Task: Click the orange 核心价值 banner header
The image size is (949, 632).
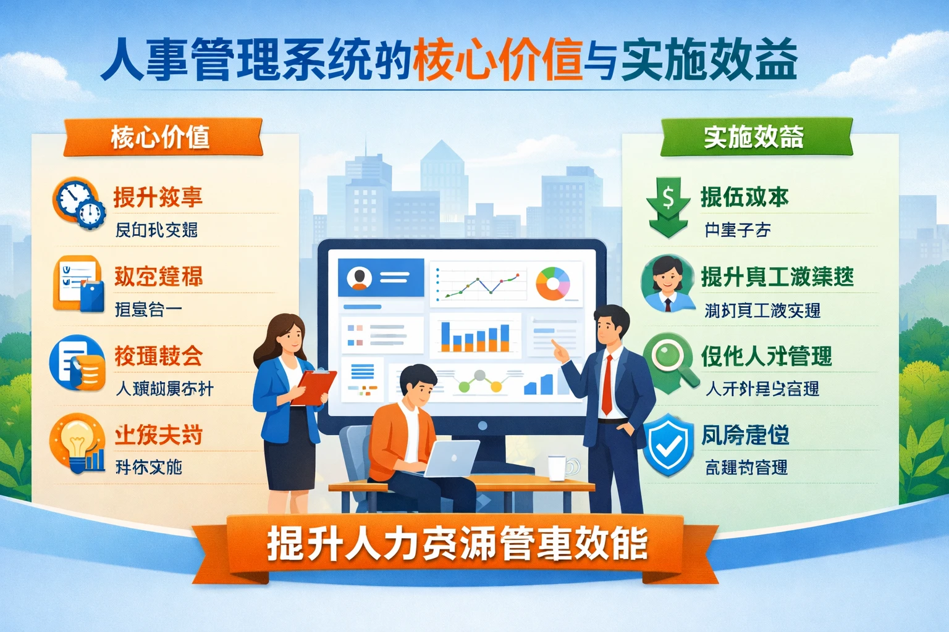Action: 162,137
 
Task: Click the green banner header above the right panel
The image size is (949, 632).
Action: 755,136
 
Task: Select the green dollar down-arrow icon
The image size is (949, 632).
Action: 667,207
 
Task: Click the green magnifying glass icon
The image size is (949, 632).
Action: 667,360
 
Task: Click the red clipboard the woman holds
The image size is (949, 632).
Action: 313,387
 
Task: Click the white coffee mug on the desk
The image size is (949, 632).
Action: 558,468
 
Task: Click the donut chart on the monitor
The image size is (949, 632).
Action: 553,283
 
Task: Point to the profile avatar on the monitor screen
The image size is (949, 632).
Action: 359,278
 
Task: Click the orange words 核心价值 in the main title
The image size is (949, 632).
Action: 498,60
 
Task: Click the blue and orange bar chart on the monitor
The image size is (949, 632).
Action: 475,337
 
